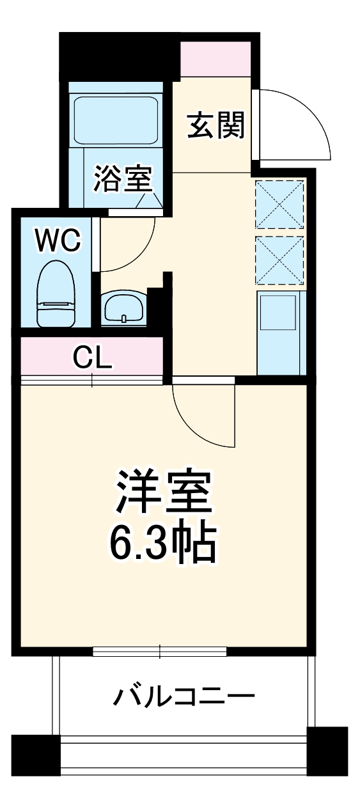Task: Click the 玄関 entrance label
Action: point(216,125)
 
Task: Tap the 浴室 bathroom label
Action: point(122,178)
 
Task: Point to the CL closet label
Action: point(92,358)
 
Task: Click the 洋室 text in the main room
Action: point(163,492)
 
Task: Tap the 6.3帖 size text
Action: point(163,544)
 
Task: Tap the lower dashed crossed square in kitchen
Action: point(279,259)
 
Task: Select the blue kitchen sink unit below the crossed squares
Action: point(279,333)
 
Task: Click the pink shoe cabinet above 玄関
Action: point(215,59)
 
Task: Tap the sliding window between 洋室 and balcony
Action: point(160,652)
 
